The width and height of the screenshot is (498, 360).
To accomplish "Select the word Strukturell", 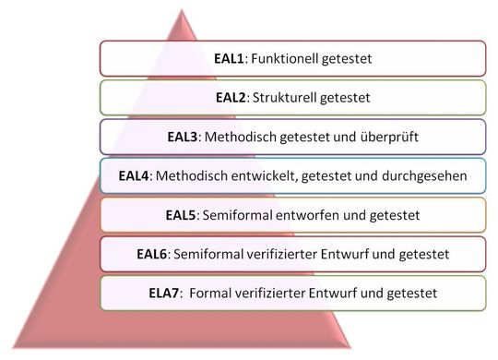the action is pos(288,97).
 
